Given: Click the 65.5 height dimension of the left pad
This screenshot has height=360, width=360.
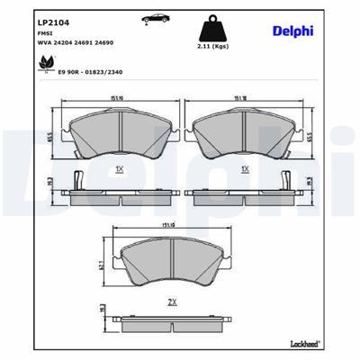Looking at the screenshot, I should [52, 137].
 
